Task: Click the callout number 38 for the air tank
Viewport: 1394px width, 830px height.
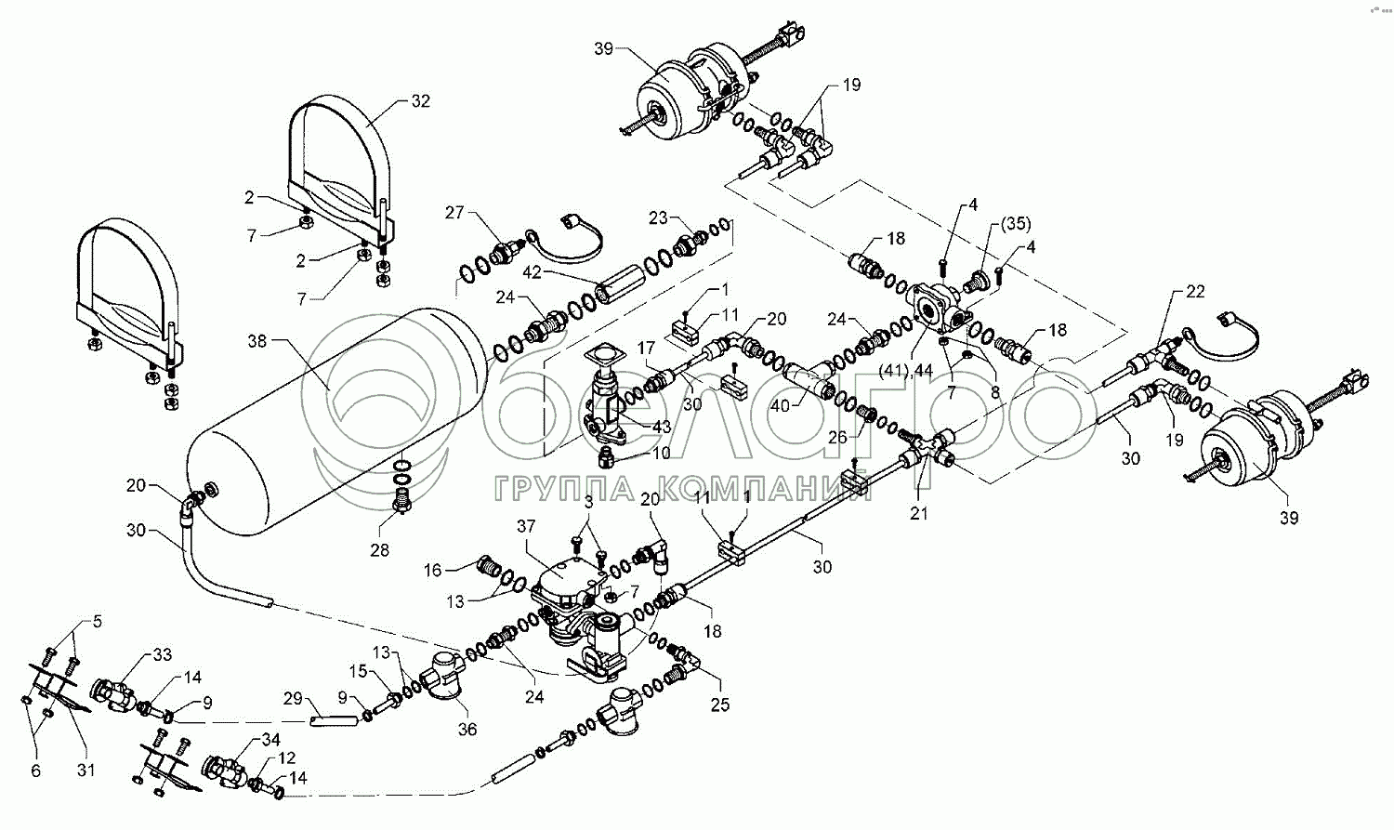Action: click(x=256, y=341)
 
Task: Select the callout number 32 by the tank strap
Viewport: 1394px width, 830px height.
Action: click(x=420, y=101)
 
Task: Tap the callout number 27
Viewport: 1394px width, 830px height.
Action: click(x=454, y=213)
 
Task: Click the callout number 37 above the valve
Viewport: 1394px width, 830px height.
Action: click(x=527, y=526)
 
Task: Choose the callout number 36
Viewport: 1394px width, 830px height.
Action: click(x=467, y=731)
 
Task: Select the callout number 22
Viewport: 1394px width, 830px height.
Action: click(x=1195, y=292)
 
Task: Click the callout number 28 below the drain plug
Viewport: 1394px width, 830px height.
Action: click(x=379, y=550)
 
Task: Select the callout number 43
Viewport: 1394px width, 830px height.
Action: click(x=661, y=426)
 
